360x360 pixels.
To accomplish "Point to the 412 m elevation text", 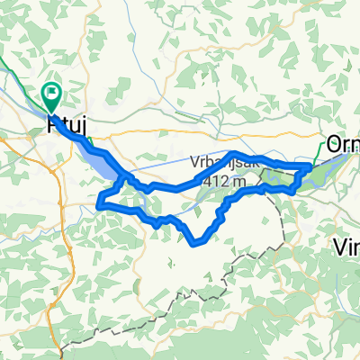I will [x=224, y=181].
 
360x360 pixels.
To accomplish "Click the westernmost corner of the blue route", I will [x=98, y=205].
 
